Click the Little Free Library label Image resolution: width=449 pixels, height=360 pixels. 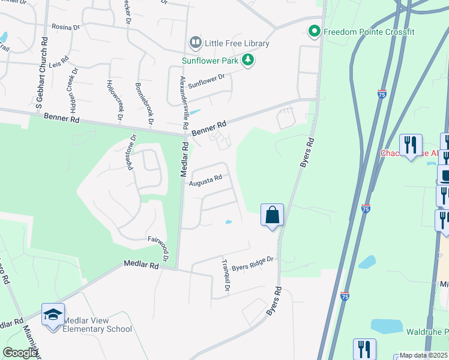237,43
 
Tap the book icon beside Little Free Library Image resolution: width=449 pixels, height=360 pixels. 195,43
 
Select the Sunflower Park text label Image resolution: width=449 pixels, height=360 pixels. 210,60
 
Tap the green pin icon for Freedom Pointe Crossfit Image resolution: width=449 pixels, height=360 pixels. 314,31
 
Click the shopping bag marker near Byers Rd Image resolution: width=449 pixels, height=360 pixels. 272,214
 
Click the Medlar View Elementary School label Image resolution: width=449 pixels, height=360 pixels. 97,325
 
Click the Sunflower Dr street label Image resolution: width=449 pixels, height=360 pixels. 206,81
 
